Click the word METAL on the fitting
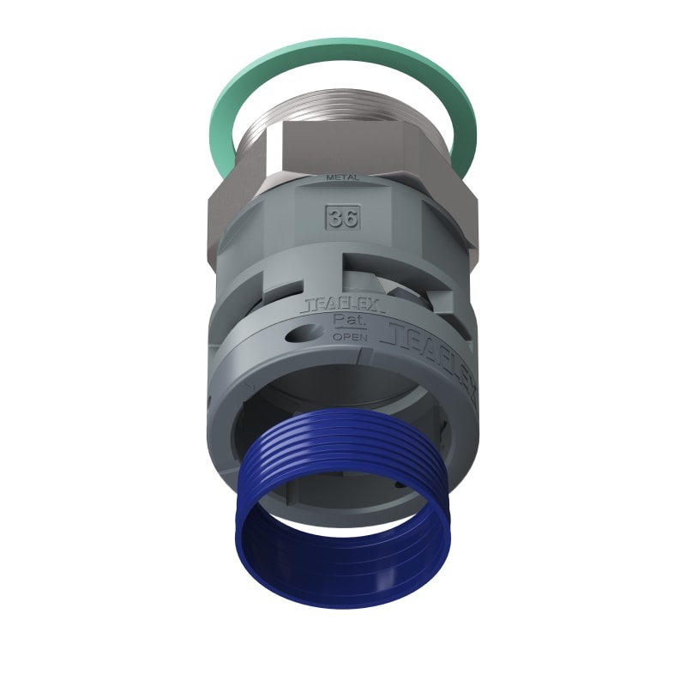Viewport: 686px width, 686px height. pos(343,178)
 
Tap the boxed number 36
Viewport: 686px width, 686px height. pos(342,217)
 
